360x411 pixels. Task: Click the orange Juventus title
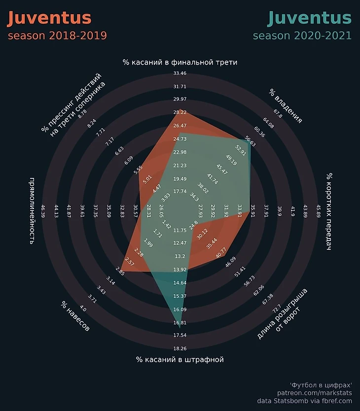click(49, 18)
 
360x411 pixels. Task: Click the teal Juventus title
click(309, 18)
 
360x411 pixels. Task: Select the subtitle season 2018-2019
click(57, 36)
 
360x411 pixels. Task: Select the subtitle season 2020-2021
click(302, 36)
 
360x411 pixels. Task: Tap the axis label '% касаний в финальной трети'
click(180, 63)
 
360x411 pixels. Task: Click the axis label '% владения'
click(286, 105)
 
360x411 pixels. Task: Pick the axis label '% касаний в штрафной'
click(180, 360)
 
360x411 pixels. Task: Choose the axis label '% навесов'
click(75, 316)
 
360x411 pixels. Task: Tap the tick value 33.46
click(180, 73)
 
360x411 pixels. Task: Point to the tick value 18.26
click(180, 349)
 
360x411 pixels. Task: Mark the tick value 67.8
click(278, 113)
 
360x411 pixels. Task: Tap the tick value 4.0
click(82, 309)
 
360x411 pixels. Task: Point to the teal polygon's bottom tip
click(180, 328)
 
